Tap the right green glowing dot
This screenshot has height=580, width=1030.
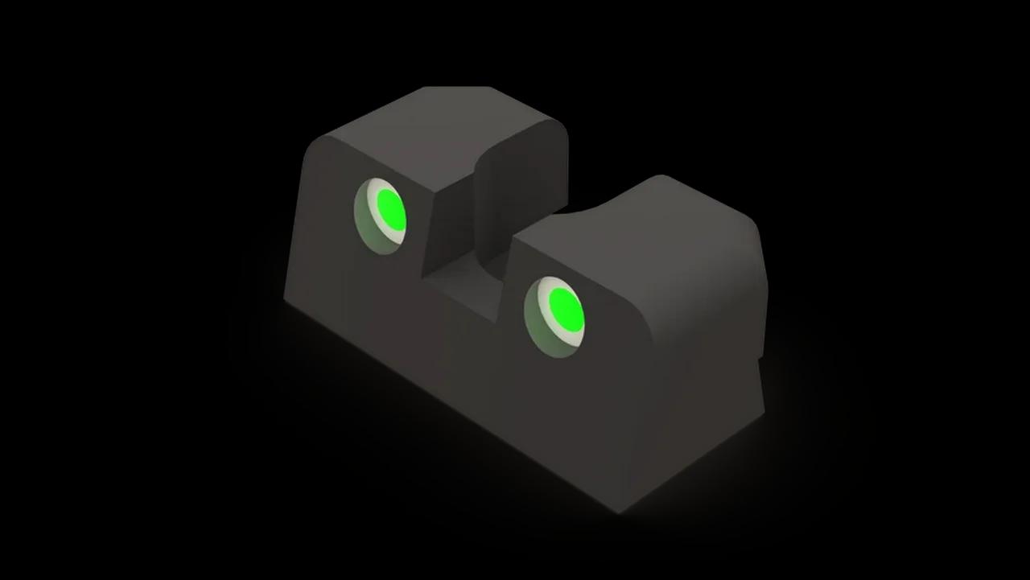pos(566,307)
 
